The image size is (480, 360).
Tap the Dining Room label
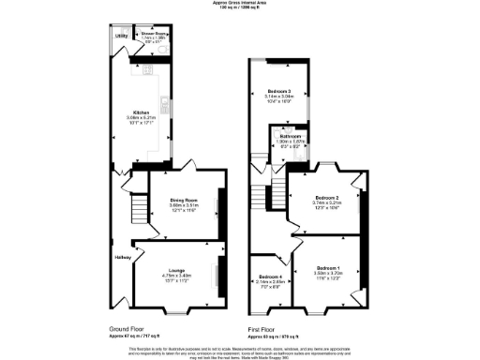(x=182, y=199)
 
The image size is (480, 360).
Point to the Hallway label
(x=123, y=257)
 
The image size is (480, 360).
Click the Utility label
(x=121, y=36)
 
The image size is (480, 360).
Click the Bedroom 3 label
(x=278, y=91)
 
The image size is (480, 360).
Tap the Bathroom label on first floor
(x=291, y=136)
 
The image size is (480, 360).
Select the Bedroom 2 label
(x=328, y=198)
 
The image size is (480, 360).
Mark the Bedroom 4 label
(x=270, y=276)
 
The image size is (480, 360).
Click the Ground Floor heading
(x=126, y=329)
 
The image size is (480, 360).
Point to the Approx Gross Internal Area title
(x=240, y=4)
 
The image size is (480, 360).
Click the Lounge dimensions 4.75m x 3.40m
(x=175, y=274)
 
